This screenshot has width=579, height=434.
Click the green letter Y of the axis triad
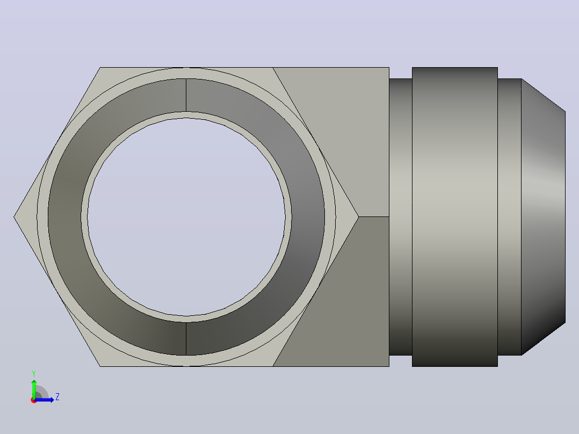click(x=34, y=374)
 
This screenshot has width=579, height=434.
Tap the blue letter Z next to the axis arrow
click(x=57, y=397)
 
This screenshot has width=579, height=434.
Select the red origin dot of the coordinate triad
click(x=34, y=400)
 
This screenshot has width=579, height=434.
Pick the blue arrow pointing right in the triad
click(x=44, y=400)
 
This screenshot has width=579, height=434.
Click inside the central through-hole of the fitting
click(x=186, y=217)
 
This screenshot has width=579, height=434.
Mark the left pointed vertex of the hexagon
click(x=14, y=217)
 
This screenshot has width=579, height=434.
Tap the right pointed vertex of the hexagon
click(x=358, y=217)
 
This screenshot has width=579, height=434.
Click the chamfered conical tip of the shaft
click(x=543, y=217)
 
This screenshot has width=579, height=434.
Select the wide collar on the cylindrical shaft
click(x=455, y=217)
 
